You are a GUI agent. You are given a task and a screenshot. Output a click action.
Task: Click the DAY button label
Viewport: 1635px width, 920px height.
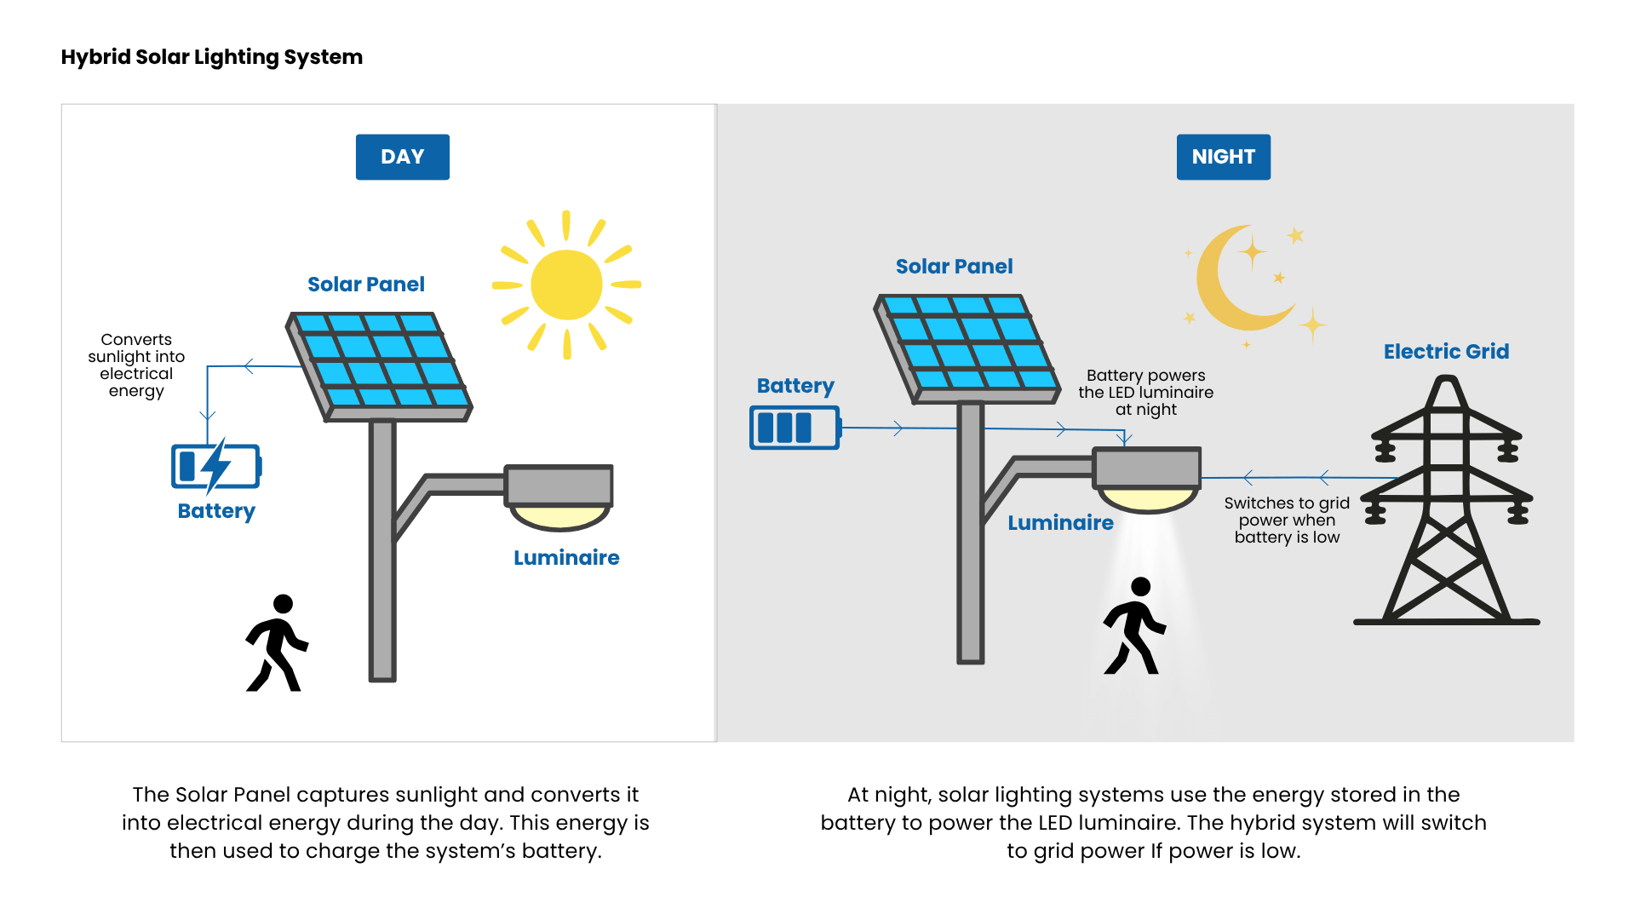[x=402, y=157]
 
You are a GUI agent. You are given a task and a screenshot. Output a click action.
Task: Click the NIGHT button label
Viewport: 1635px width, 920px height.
[x=1223, y=157]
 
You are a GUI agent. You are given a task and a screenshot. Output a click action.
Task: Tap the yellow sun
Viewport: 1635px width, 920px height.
[x=566, y=285]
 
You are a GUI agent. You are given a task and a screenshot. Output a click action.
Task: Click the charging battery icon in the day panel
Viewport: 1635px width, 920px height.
[x=215, y=466]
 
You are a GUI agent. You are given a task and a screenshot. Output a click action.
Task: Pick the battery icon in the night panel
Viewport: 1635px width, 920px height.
[x=795, y=427]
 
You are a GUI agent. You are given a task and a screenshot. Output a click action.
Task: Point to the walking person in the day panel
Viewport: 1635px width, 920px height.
[x=277, y=644]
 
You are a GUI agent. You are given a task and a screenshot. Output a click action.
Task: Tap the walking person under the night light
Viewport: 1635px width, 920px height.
[x=1134, y=627]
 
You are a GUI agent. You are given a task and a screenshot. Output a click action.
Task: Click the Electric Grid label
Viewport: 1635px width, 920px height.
[x=1446, y=351]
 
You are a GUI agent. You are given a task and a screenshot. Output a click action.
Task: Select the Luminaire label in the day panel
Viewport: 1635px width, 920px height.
[x=566, y=558]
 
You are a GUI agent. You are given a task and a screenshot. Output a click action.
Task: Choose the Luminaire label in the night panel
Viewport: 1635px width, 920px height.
[x=1060, y=523]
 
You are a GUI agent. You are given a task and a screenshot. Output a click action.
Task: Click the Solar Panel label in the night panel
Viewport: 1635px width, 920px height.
[x=954, y=267]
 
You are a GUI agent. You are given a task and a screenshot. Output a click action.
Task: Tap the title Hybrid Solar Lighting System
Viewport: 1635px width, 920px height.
[x=212, y=57]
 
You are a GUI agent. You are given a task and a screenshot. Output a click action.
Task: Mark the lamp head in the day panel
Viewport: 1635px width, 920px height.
[x=559, y=494]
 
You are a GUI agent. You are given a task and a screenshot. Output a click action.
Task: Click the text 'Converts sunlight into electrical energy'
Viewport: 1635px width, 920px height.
[x=136, y=365]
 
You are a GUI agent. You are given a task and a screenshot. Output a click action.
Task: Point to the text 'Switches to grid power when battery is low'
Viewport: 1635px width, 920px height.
[x=1287, y=520]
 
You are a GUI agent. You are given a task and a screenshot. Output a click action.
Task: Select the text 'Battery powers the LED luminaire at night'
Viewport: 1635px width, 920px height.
[x=1145, y=392]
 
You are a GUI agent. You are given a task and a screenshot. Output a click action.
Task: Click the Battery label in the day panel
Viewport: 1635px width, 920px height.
[x=216, y=511]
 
